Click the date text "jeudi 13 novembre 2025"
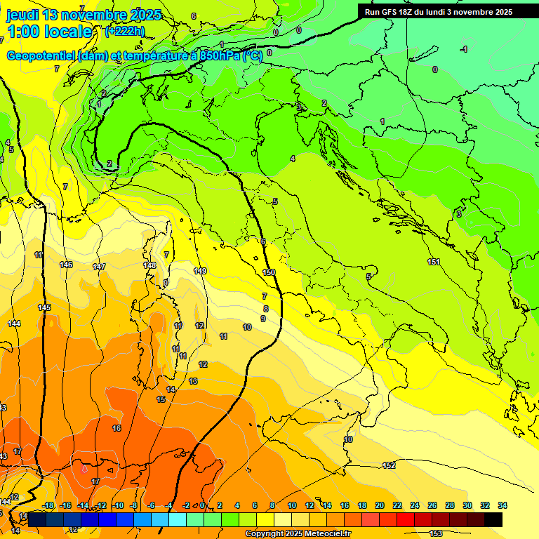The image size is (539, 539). tap(84, 15)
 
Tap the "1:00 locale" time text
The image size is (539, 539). tap(49, 32)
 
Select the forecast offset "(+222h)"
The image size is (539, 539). tap(124, 31)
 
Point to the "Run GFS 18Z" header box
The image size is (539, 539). tap(438, 12)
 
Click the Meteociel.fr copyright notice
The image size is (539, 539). tap(298, 534)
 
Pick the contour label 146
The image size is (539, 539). tap(66, 265)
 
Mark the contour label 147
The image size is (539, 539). tap(99, 267)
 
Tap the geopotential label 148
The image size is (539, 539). tap(149, 265)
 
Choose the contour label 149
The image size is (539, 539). tap(200, 271)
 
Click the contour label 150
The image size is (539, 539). tap(269, 272)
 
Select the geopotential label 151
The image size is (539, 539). tap(434, 262)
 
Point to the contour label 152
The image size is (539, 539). tap(390, 465)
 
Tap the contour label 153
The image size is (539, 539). tap(436, 533)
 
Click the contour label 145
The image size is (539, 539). tap(44, 308)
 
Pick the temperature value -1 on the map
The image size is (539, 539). tap(464, 49)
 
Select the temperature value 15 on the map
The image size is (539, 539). tap(161, 399)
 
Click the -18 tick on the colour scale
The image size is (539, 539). tap(48, 505)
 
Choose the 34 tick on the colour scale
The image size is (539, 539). tap(503, 505)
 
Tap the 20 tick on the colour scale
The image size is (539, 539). tap(380, 505)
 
